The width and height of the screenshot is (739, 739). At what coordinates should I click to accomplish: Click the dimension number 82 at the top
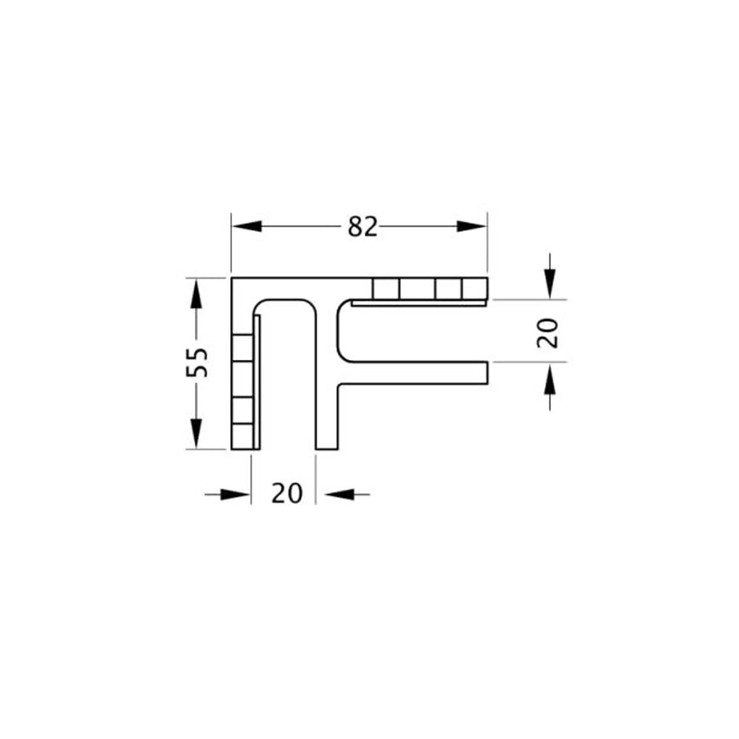tap(362, 226)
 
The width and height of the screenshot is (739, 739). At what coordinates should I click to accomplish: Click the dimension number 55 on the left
tap(197, 362)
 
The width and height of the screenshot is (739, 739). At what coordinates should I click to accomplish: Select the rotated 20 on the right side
tap(549, 332)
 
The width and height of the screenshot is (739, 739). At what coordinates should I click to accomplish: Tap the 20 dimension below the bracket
tap(287, 494)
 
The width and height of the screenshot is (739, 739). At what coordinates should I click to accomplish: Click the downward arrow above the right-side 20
tap(550, 282)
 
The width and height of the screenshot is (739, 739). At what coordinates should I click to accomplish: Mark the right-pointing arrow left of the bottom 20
tap(236, 494)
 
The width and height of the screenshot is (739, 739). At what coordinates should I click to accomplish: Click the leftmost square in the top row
tap(385, 289)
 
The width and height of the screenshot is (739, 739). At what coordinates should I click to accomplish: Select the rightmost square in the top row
tap(474, 289)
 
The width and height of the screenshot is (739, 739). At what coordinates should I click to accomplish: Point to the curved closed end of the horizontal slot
tap(340, 330)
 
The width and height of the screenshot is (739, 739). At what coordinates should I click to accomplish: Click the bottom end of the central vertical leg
tap(327, 447)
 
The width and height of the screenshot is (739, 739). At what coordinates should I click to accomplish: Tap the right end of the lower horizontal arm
tap(486, 373)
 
